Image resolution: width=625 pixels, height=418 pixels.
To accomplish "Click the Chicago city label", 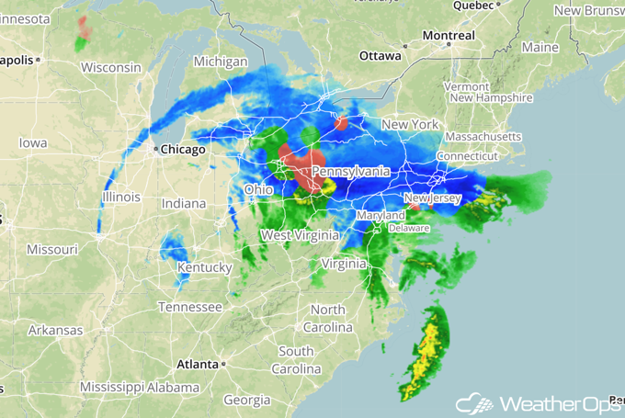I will click(x=185, y=150).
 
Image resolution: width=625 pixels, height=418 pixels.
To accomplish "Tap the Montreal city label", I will click(x=449, y=36).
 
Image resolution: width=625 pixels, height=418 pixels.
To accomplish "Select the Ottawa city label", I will click(x=380, y=56).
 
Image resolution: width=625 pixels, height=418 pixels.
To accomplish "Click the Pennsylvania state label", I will click(x=350, y=172).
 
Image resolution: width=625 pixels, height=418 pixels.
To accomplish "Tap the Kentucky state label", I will click(x=205, y=267).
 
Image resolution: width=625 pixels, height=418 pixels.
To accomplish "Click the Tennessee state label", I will click(x=189, y=307).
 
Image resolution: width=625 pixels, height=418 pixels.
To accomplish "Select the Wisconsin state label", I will click(x=110, y=67).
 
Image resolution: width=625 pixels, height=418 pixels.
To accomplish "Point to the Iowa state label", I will click(x=32, y=143).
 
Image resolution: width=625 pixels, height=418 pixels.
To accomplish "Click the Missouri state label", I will click(x=51, y=249).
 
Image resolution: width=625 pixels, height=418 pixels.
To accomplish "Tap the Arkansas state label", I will click(x=54, y=330).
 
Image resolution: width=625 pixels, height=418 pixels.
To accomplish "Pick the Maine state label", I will click(x=540, y=47).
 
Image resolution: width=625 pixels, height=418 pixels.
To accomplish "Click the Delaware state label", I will click(x=409, y=227).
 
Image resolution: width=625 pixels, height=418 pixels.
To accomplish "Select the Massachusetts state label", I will click(x=477, y=137).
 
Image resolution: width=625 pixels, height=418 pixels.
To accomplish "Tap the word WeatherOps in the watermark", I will click(x=555, y=404).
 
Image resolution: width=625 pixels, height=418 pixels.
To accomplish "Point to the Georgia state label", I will click(x=246, y=401).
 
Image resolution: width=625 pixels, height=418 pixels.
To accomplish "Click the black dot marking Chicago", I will click(x=156, y=149).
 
